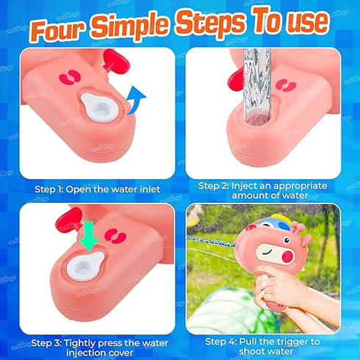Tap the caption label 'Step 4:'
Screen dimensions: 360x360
coord(221,341)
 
